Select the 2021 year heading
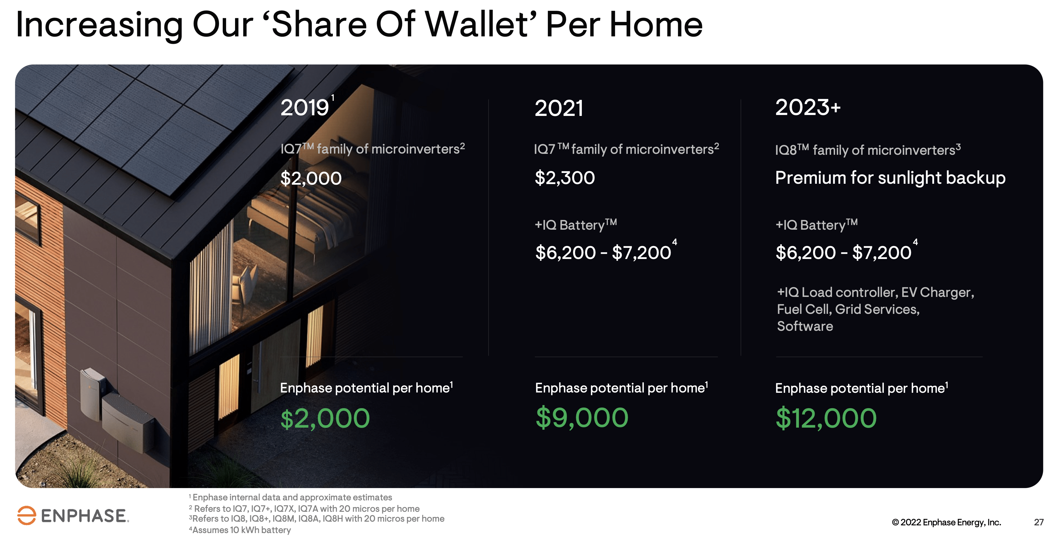[x=559, y=108]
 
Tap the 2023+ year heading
[x=808, y=107]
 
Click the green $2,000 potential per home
[x=325, y=418]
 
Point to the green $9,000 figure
[x=581, y=417]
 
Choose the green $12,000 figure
[x=826, y=418]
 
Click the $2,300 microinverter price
[x=565, y=178]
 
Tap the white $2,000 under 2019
[x=311, y=179]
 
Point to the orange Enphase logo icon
[x=27, y=515]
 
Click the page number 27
[x=1039, y=522]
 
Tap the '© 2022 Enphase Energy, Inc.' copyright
[x=946, y=522]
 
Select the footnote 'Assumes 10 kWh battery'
[x=240, y=530]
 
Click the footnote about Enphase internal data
[x=290, y=497]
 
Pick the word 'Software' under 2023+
[x=805, y=326]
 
